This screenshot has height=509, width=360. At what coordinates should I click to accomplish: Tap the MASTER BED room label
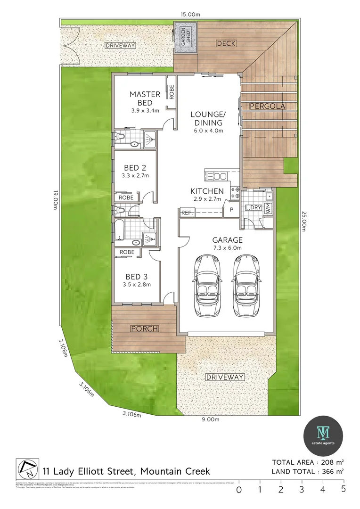[x=145, y=99]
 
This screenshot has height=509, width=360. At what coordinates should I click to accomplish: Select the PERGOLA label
[x=267, y=106]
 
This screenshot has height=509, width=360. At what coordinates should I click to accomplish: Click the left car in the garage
[x=206, y=287]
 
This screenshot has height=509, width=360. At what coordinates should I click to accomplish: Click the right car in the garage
[x=245, y=287]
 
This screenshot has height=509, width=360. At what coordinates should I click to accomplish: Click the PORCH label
[x=145, y=328]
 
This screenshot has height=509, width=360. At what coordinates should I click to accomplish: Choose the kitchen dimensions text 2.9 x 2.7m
[x=207, y=199]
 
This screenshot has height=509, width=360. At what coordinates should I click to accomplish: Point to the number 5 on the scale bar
[x=344, y=490]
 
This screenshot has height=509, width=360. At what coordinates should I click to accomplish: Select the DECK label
[x=226, y=43]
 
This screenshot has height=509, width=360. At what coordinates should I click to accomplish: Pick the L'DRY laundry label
[x=254, y=207]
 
